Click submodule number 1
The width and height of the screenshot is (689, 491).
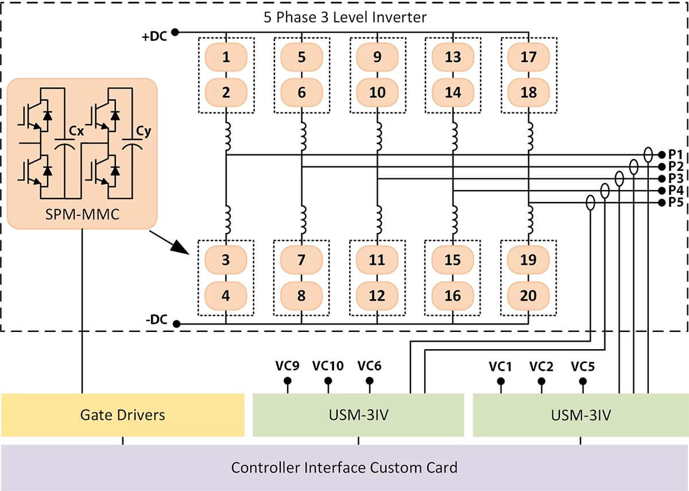[x=226, y=57]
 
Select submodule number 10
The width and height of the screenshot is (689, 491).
[x=377, y=91]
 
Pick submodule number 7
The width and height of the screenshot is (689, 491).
[x=301, y=260]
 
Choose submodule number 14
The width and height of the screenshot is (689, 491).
[x=452, y=91]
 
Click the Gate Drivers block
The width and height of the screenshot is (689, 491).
[x=122, y=415]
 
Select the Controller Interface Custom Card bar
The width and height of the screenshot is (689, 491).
[x=344, y=467]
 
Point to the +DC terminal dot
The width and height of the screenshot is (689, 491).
[x=175, y=32]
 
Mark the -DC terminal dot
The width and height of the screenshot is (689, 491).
[x=176, y=324]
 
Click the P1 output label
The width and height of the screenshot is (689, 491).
[x=675, y=154]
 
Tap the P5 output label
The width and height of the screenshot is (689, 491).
[x=675, y=202]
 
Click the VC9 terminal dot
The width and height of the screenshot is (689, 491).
[x=288, y=381]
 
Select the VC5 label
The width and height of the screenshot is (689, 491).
[x=583, y=366]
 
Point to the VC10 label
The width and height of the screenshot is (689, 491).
[x=328, y=366]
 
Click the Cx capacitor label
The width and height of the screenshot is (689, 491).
[x=76, y=132]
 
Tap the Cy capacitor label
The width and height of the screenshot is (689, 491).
[x=144, y=132]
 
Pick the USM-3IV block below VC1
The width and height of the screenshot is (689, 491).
[x=580, y=415]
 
